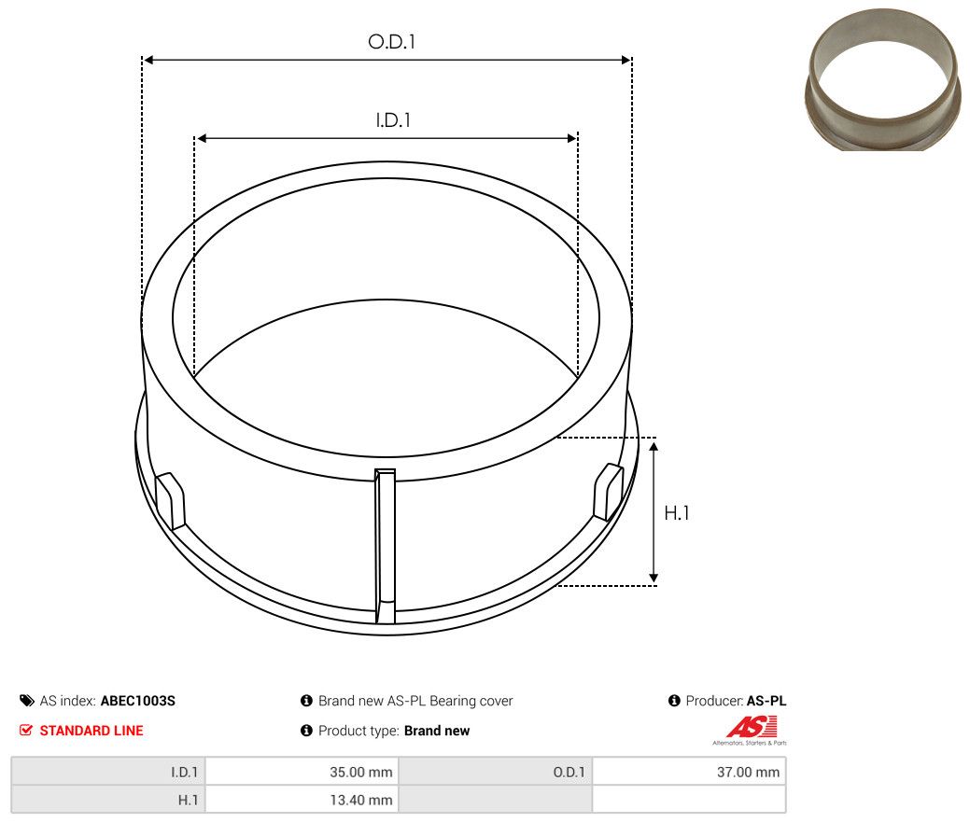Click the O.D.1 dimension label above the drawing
391,42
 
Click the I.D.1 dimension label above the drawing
393,120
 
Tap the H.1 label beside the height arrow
676,512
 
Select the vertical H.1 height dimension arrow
654,511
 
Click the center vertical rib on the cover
385,545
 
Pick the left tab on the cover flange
170,500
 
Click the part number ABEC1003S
137,701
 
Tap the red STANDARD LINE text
91,731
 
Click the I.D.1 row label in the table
183,772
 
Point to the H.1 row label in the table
188,800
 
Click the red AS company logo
752,727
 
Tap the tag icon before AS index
26,701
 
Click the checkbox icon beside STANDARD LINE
26,731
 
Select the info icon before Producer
674,701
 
